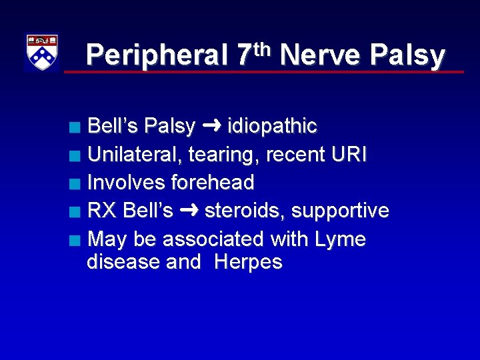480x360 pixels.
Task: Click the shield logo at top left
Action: (41, 52)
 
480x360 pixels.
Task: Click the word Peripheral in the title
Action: (157, 55)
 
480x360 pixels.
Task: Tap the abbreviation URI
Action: (349, 154)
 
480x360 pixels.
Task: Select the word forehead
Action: (213, 182)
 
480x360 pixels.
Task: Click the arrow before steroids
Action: (189, 211)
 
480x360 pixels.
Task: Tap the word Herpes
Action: (249, 262)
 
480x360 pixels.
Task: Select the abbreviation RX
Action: (102, 211)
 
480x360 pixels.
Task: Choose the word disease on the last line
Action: (124, 262)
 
